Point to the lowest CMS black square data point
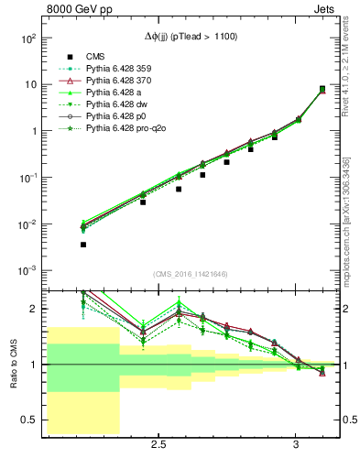[x=83, y=245]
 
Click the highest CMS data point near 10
[x=322, y=89]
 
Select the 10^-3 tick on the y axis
[x=29, y=271]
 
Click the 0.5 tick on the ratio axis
[x=29, y=420]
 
